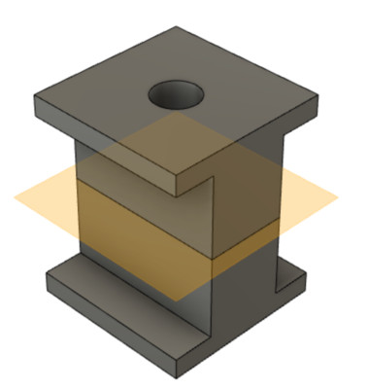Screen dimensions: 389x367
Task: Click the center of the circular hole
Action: [176, 95]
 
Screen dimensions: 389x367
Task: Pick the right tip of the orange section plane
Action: [338, 197]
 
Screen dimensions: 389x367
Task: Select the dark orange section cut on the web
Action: [146, 219]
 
